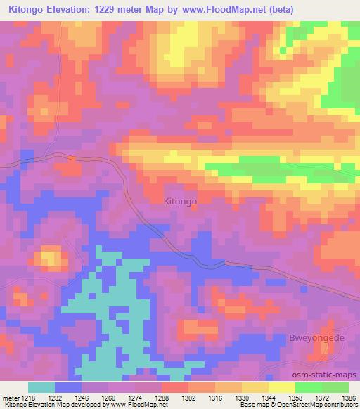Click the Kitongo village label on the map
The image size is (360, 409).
180,201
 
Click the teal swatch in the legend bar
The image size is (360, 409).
41,387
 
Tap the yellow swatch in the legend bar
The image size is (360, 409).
282,387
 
